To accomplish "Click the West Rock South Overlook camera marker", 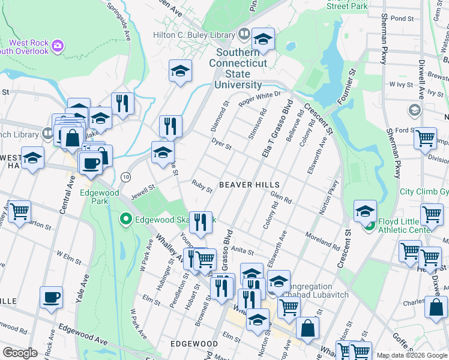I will tap(57, 45).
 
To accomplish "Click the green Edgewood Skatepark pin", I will tap(126, 220).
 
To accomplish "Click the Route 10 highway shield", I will tap(125, 177).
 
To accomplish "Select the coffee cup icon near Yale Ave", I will tap(51, 297).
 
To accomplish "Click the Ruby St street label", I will tap(202, 186).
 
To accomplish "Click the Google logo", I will tap(20, 353).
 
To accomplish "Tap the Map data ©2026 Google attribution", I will tap(412, 355).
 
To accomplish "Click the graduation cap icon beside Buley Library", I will tap(262, 40).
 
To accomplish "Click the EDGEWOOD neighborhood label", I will tap(193, 344).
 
